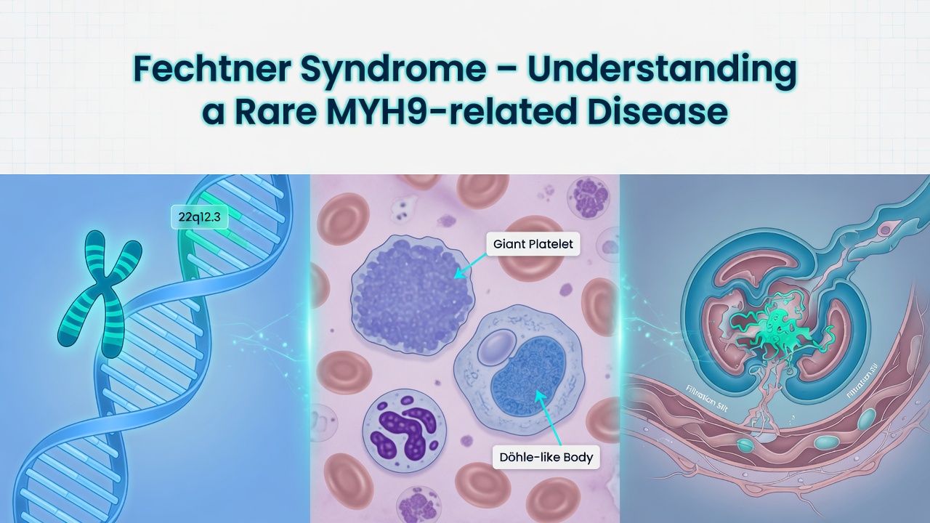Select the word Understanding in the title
pos(662,69)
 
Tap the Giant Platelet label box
pos(533,244)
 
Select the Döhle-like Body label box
pos(546,458)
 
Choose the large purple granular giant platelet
pos(413,286)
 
